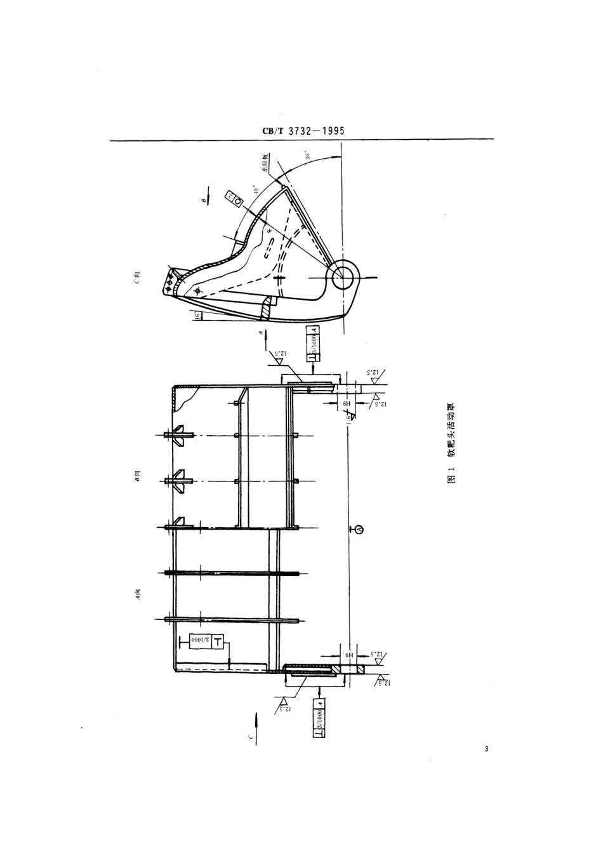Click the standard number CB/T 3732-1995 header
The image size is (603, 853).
click(303, 131)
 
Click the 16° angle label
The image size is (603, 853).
click(197, 316)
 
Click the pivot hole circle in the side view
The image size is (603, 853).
click(345, 274)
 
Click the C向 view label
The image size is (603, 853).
click(136, 278)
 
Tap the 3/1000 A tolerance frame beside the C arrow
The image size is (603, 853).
click(319, 716)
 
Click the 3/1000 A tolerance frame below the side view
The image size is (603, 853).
click(314, 343)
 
